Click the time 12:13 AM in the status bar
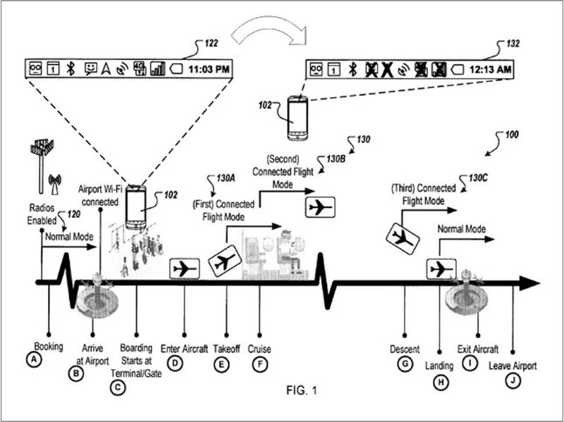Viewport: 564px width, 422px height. pos(492,69)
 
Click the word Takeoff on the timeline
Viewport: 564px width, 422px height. pos(227,349)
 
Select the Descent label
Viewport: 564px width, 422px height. pos(405,349)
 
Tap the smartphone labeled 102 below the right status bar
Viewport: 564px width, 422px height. pos(300,118)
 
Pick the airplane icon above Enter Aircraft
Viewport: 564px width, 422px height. pos(184,268)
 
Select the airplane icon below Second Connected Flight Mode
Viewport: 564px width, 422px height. pos(319,208)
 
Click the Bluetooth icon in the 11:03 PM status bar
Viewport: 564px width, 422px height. pos(70,68)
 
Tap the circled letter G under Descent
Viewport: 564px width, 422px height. pos(405,364)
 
